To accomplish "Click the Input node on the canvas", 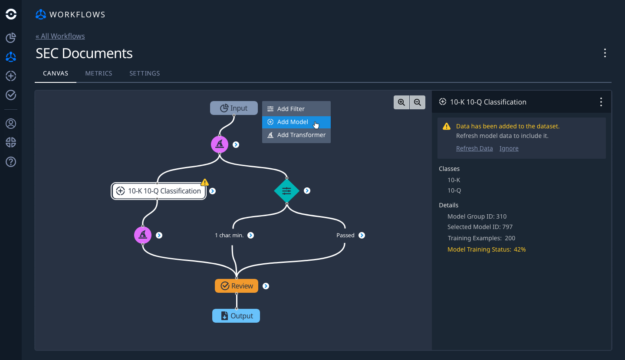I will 234,108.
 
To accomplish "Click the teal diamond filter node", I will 286,191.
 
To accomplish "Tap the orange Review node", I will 237,286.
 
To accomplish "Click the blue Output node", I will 236,316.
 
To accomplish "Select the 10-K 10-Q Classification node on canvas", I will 159,191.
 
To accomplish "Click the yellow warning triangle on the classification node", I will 205,183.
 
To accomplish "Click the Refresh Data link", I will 474,148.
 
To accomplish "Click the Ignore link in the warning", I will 509,148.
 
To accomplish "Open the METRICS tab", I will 99,73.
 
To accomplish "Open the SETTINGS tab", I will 145,73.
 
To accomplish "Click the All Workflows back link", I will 60,36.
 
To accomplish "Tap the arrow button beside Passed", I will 362,235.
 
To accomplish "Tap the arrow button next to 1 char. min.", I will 250,235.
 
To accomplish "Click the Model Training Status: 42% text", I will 487,249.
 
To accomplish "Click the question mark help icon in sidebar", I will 11,162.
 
